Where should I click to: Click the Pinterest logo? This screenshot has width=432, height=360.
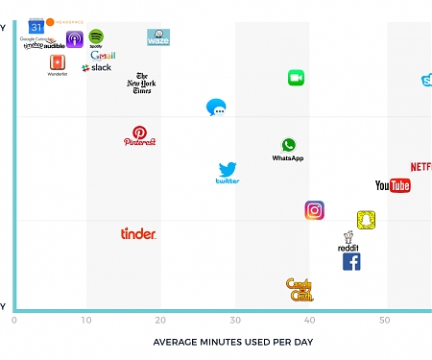coord(139,135)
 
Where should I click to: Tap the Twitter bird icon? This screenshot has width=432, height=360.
coord(228,172)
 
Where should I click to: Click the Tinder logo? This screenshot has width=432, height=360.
coord(138,233)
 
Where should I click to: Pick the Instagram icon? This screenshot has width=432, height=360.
coord(314,210)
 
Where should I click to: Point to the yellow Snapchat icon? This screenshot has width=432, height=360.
coord(366,220)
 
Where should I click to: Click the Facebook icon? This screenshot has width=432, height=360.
coord(351,261)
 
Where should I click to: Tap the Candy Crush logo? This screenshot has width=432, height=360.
coord(300,289)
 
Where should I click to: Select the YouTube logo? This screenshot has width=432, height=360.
coord(393,185)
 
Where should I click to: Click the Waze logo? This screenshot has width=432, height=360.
coord(158,37)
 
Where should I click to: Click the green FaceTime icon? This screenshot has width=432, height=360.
coord(296,78)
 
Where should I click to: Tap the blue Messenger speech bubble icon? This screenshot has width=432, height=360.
coord(217,108)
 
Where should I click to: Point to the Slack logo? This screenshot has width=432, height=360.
coord(97,68)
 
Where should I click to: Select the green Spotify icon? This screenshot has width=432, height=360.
coord(96,37)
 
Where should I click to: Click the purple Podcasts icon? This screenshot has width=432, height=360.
coord(74,38)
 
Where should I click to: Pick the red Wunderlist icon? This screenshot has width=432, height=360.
coord(58,61)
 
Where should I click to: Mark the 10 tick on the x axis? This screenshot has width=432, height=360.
coord(86,321)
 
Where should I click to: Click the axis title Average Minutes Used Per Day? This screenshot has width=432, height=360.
coord(233,342)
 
